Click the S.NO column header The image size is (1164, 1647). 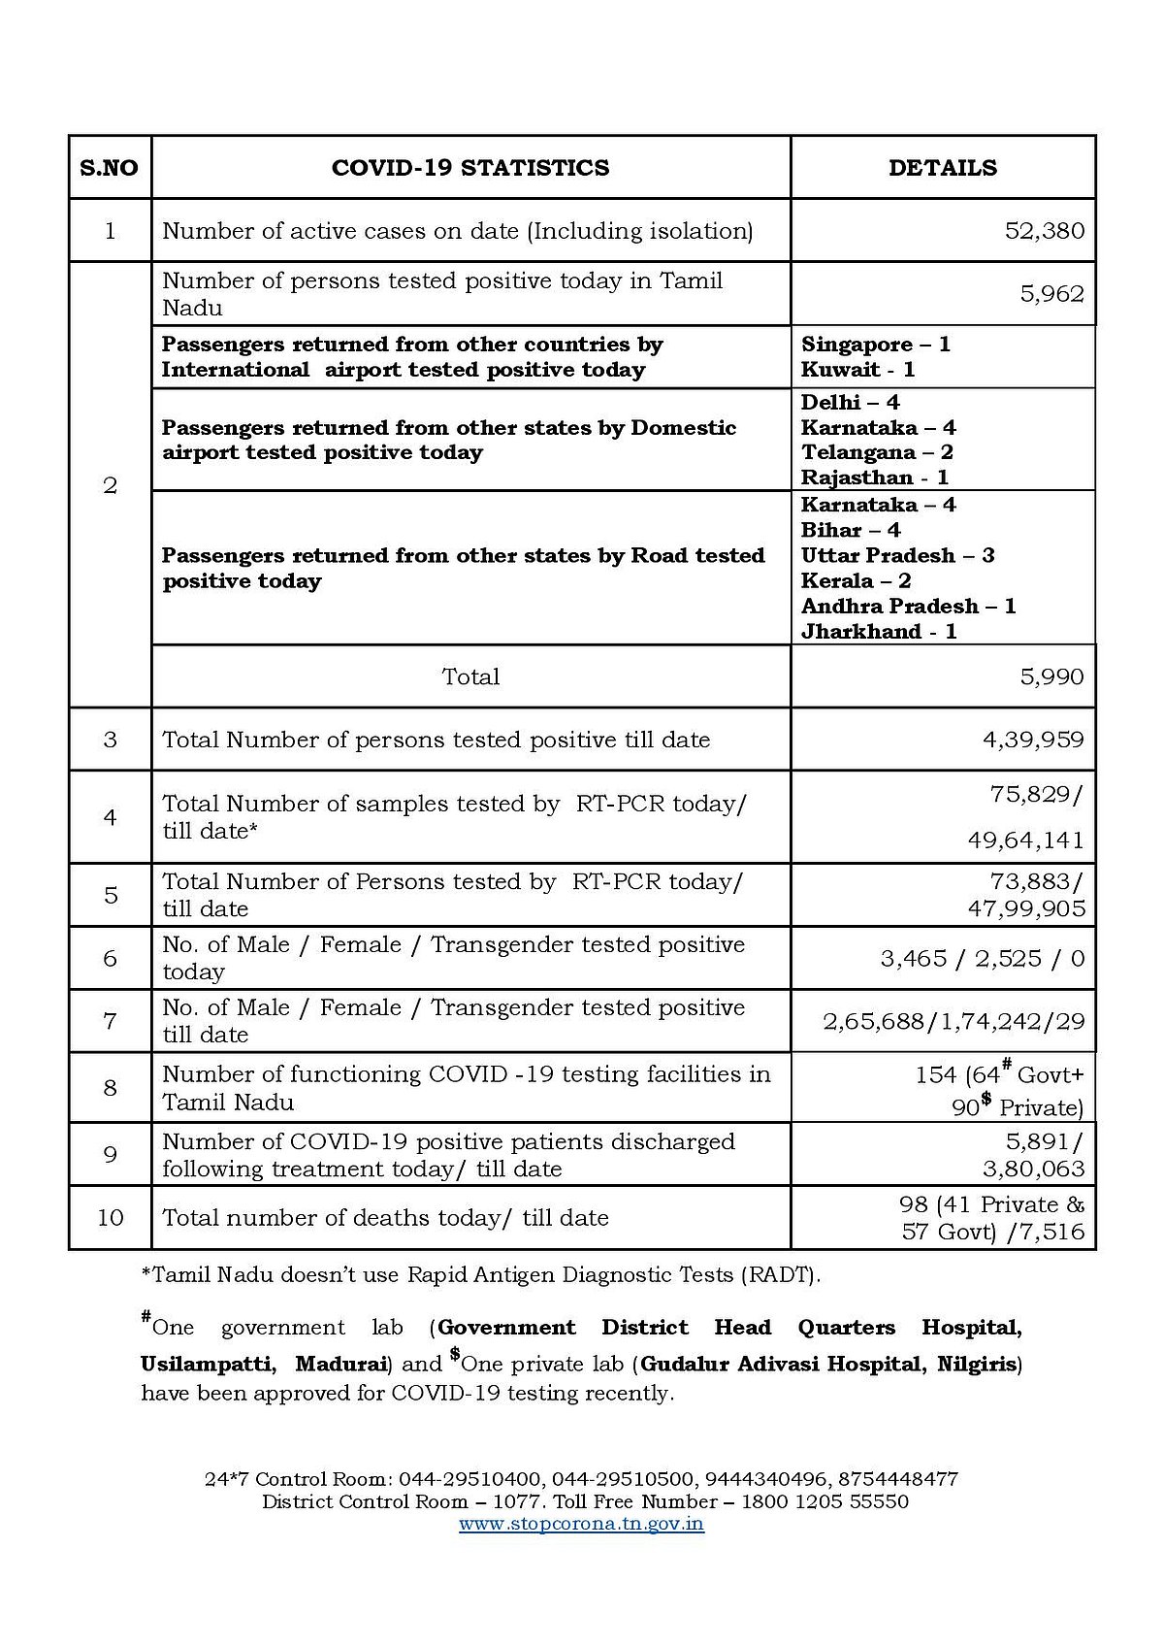109,168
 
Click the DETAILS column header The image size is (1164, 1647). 942,168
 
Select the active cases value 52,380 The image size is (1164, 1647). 1044,231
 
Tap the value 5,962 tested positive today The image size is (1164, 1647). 1051,294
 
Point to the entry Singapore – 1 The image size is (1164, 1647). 875,345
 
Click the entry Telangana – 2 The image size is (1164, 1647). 877,452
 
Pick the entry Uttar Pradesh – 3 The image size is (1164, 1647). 897,555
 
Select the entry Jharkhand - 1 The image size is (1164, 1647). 879,631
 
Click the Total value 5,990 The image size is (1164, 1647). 1051,676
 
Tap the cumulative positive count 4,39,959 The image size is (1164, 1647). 1033,740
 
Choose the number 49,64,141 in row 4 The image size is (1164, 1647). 1025,840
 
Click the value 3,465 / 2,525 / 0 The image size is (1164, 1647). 982,959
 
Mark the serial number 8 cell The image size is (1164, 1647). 110,1088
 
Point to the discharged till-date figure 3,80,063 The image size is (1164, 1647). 1033,1169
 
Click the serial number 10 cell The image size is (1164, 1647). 110,1217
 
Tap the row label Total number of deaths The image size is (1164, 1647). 385,1217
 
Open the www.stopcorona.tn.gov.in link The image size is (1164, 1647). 581,1524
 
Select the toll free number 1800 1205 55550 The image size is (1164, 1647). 824,1501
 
